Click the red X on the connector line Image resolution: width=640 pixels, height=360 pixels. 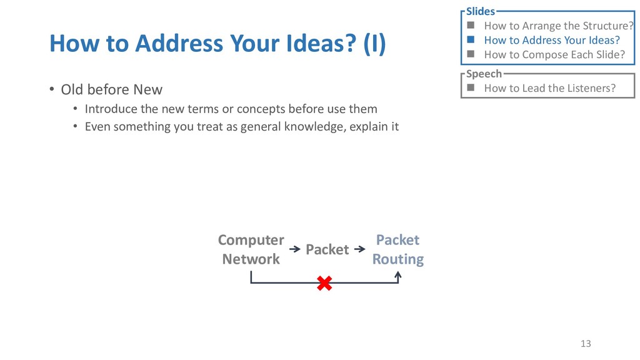(324, 284)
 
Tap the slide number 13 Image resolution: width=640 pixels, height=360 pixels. (585, 343)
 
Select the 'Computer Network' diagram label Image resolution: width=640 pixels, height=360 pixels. (251, 249)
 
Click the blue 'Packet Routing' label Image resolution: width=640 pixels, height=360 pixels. (397, 249)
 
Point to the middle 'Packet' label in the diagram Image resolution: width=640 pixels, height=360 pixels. (327, 249)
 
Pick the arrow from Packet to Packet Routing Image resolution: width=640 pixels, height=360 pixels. (359, 249)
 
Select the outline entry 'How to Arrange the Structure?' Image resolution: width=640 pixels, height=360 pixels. (558, 26)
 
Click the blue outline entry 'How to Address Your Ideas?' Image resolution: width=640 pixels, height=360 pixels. (552, 40)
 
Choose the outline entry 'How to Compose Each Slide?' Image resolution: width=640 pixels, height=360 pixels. (554, 54)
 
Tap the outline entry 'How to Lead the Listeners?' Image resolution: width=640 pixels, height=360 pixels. (549, 88)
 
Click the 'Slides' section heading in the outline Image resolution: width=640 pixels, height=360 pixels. (480, 11)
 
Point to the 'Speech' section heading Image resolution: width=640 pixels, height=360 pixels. (484, 74)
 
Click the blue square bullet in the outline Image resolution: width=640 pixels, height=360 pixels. (470, 40)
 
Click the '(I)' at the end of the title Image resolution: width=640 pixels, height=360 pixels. (375, 44)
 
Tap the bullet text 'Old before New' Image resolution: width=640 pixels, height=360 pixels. (111, 89)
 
